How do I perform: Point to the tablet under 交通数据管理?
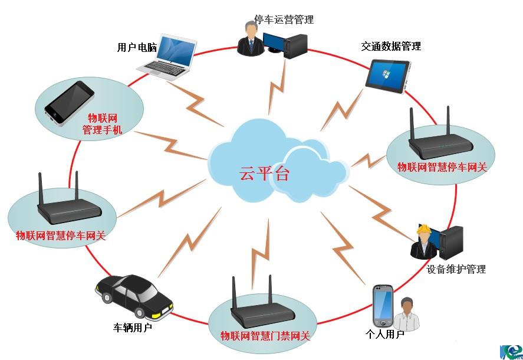pyautogui.click(x=389, y=75)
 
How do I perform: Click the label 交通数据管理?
pyautogui.click(x=391, y=46)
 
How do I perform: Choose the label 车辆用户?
pyautogui.click(x=133, y=327)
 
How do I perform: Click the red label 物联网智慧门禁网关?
pyautogui.click(x=265, y=336)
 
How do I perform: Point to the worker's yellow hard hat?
pyautogui.click(x=423, y=230)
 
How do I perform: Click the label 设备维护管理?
pyautogui.click(x=456, y=269)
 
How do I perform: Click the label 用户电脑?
pyautogui.click(x=137, y=48)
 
